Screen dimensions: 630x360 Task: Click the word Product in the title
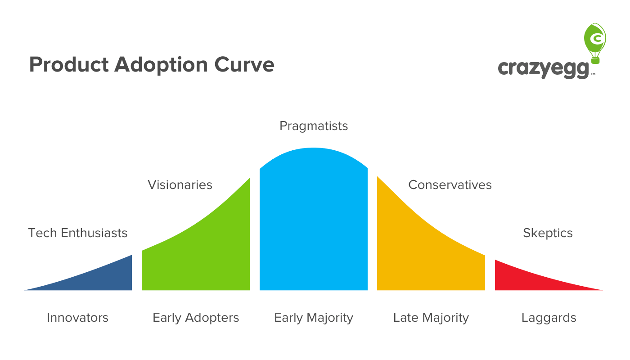coord(69,64)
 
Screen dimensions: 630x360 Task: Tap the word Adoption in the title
coord(161,65)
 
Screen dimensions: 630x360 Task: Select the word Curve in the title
coord(244,64)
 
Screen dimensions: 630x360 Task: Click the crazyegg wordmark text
coord(543,69)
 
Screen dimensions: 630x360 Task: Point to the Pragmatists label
coord(314,126)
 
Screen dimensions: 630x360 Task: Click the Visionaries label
coord(180,185)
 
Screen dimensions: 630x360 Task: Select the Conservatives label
coord(450,185)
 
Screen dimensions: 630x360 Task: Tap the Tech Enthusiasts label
coord(77,233)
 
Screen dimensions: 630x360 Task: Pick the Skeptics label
coord(548,233)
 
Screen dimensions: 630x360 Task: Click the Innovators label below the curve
coord(77,318)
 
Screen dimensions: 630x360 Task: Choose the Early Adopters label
coord(196,318)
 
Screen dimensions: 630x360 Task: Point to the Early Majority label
coord(314,318)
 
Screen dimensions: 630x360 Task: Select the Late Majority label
coord(431,318)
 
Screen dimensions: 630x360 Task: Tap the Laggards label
coord(549,318)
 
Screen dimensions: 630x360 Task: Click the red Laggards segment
coord(520,279)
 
